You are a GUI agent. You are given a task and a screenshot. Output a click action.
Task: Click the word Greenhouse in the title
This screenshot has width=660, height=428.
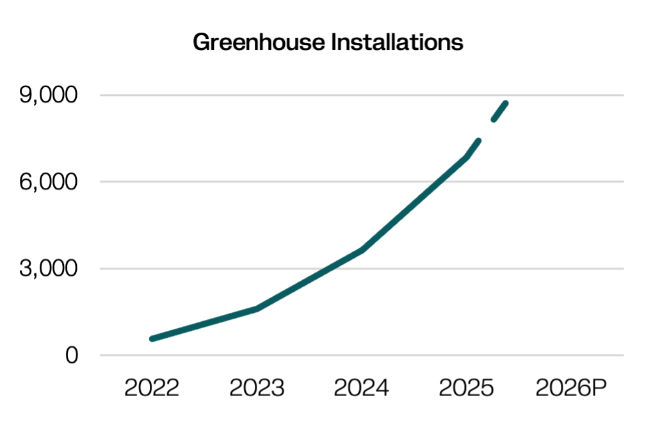pyautogui.click(x=259, y=42)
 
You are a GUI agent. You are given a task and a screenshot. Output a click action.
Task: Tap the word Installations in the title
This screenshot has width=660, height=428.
pyautogui.click(x=397, y=42)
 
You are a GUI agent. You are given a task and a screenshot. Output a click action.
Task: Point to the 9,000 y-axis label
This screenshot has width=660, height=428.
pyautogui.click(x=49, y=95)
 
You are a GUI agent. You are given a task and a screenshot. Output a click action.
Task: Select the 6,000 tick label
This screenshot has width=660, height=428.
pyautogui.click(x=49, y=182)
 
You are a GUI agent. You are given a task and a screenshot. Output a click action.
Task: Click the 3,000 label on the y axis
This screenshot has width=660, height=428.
pyautogui.click(x=49, y=269)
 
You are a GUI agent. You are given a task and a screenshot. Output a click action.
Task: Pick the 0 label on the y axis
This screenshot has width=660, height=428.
pyautogui.click(x=72, y=355)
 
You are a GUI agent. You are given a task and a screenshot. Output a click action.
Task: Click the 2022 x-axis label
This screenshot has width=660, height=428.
pyautogui.click(x=152, y=388)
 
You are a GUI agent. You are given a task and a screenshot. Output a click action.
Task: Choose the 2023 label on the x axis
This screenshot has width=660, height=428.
pyautogui.click(x=257, y=388)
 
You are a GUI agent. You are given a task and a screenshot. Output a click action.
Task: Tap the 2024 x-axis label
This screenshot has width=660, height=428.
pyautogui.click(x=361, y=388)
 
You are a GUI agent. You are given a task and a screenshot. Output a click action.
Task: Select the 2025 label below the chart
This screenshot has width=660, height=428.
pyautogui.click(x=466, y=388)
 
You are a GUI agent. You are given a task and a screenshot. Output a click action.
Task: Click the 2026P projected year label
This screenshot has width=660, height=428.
pyautogui.click(x=571, y=388)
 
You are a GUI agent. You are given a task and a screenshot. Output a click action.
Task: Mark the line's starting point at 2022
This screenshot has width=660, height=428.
pyautogui.click(x=152, y=339)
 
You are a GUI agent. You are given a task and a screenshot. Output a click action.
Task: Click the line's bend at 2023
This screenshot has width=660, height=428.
pyautogui.click(x=257, y=309)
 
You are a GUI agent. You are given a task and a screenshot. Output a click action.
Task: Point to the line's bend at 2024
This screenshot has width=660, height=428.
pyautogui.click(x=362, y=250)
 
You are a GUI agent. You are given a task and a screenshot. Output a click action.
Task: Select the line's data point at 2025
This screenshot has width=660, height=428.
pyautogui.click(x=467, y=157)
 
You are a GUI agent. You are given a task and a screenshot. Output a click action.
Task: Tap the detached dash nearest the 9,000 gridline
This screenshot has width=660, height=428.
pyautogui.click(x=499, y=111)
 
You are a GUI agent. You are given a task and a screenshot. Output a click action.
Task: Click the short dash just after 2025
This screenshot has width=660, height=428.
pyautogui.click(x=472, y=149)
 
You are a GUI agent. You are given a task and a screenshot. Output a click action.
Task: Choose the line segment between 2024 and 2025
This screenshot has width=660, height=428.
pyautogui.click(x=414, y=204)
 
